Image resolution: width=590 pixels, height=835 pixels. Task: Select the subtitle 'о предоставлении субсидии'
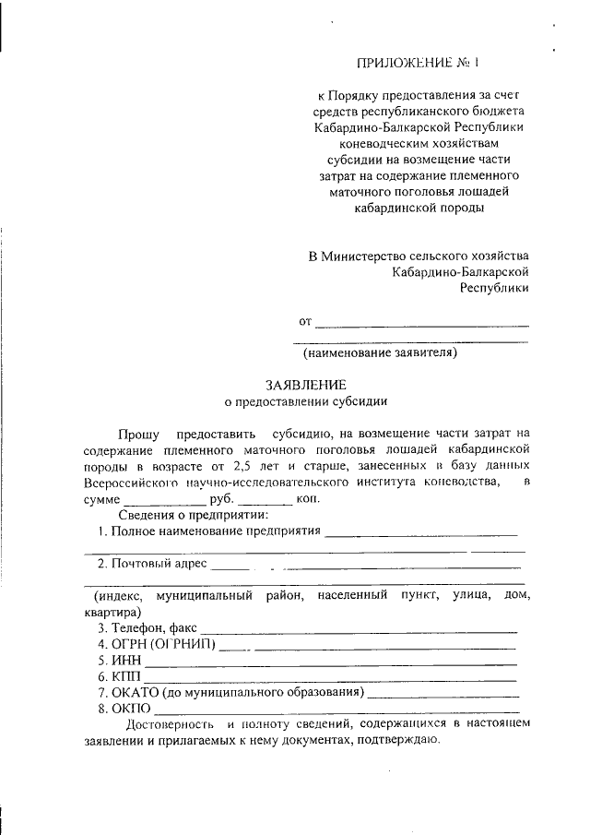tap(306, 401)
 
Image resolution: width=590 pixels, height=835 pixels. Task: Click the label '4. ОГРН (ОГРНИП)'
tap(157, 644)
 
